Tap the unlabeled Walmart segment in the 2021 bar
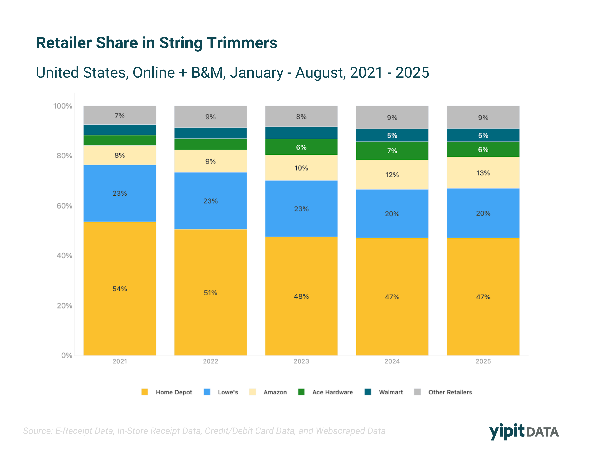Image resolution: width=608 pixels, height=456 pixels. [119, 130]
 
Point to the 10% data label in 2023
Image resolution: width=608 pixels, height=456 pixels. [301, 168]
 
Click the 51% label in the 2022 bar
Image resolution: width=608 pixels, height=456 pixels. [211, 293]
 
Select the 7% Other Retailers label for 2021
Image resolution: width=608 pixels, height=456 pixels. [119, 115]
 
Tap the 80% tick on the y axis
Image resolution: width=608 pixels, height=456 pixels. [64, 156]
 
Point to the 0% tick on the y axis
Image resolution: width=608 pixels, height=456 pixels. [66, 355]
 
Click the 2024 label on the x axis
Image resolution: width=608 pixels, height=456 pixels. [392, 361]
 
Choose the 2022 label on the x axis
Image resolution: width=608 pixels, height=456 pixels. [211, 361]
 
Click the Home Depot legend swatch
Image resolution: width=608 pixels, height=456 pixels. [145, 392]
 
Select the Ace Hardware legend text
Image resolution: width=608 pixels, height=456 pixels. [332, 392]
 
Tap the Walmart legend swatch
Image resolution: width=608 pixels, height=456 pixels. [368, 392]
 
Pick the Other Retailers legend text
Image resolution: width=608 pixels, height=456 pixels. [450, 392]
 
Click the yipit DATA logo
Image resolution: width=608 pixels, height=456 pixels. [524, 432]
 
